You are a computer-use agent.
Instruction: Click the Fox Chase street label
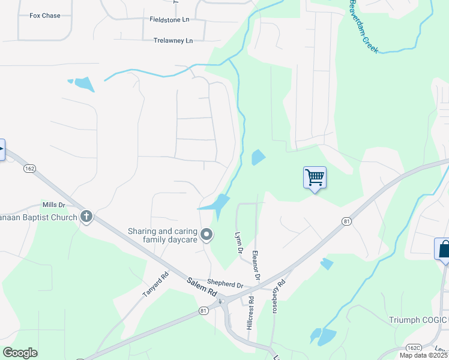45,16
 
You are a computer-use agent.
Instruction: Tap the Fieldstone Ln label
169,20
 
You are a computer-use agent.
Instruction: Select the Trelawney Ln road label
173,41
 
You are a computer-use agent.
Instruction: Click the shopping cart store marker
315,178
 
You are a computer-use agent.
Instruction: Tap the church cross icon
86,217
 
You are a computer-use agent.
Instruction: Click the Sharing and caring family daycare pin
207,235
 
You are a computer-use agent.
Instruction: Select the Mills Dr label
53,205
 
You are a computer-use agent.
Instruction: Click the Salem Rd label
201,287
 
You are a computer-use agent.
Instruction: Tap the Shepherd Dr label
225,284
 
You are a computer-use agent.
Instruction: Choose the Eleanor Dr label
256,265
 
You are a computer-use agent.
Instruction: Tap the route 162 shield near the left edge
29,169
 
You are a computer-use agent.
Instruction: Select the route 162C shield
413,347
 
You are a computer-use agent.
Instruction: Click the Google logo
20,353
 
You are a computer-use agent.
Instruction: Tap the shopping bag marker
444,248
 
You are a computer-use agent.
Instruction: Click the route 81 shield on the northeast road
346,221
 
